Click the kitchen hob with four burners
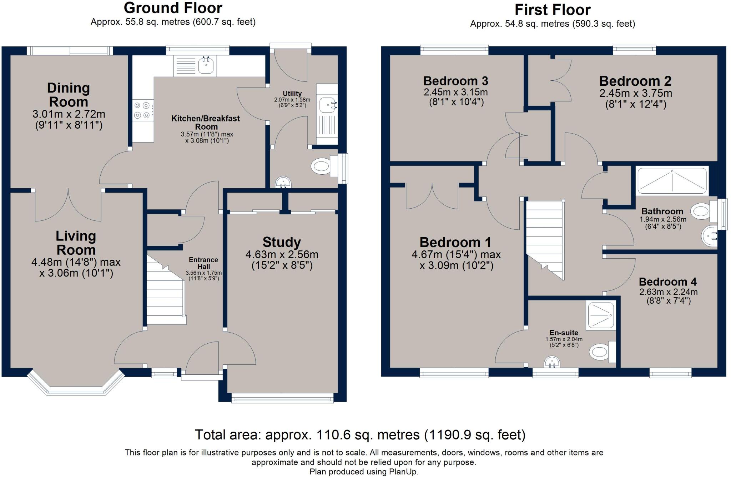click(x=142, y=110)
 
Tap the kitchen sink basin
click(x=206, y=66)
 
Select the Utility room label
click(x=292, y=94)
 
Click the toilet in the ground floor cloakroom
click(x=321, y=166)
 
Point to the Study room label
click(x=282, y=242)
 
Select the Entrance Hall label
click(x=203, y=263)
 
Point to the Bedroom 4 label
click(x=667, y=282)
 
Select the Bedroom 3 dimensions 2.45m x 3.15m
click(x=456, y=92)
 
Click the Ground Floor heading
click(x=173, y=8)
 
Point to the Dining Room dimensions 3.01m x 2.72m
click(x=69, y=114)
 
